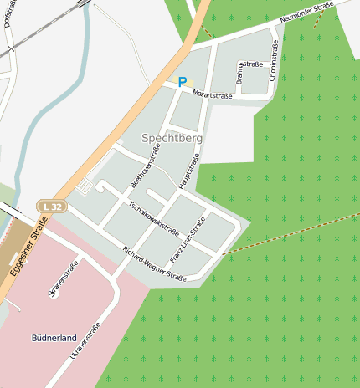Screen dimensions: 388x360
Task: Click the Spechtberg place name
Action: coord(172,137)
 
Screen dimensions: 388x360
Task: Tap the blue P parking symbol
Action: coord(182,82)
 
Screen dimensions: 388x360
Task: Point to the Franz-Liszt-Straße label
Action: coord(188,239)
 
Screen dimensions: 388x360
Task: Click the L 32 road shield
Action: coord(51,206)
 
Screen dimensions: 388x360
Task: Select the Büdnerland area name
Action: coord(54,338)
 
